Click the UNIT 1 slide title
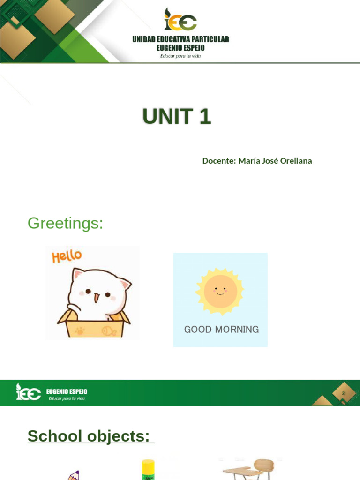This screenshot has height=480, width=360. (x=177, y=116)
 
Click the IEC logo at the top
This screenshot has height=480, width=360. (x=180, y=20)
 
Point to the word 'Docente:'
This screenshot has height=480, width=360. (x=218, y=161)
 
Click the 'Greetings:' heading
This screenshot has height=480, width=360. (x=65, y=223)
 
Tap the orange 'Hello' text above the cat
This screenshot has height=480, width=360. (x=67, y=256)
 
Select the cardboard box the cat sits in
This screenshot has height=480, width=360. (x=94, y=327)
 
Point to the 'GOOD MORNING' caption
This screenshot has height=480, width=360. (x=221, y=330)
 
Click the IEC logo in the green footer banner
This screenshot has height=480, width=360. (x=28, y=392)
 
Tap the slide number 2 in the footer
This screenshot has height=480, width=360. (x=343, y=394)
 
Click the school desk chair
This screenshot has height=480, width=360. (x=251, y=469)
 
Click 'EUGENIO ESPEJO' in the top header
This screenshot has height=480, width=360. (x=180, y=48)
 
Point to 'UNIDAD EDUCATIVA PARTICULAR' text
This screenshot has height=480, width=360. (x=180, y=39)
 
